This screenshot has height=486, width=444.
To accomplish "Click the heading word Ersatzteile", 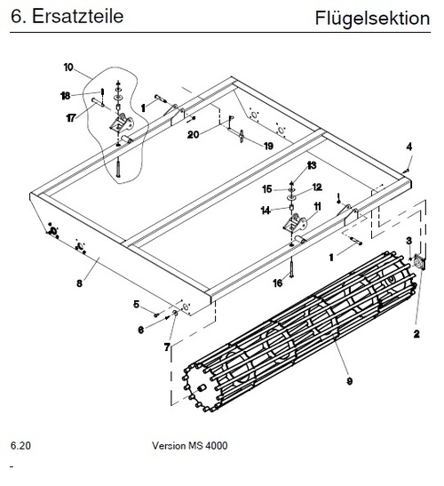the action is (78, 16).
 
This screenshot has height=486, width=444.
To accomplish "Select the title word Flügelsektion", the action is (372, 19).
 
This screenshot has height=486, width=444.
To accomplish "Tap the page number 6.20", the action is (20, 445).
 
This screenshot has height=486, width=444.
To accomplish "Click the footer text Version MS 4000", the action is (190, 445).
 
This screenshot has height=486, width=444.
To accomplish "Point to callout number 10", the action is (68, 68).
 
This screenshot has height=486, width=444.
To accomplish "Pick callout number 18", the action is (66, 96).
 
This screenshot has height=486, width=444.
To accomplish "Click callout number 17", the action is (71, 118).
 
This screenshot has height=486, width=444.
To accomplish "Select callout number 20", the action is (193, 134).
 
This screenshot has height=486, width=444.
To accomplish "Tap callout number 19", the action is (268, 146).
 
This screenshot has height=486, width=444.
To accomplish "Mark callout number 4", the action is (409, 147).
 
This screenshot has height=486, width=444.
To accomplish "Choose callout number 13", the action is (312, 165).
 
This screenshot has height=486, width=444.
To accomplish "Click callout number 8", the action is (80, 283).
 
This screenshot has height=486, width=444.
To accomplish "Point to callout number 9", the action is (350, 381).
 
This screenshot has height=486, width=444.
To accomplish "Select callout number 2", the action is (416, 334).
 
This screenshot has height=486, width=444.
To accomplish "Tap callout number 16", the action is (278, 283).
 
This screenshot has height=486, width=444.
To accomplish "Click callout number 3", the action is (409, 241).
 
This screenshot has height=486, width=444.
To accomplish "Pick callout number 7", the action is (167, 347).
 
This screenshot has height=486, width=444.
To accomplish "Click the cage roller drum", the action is (297, 331).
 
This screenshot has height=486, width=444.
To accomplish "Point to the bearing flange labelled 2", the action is (419, 263).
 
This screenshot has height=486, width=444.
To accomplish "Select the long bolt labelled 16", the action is (291, 267).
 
